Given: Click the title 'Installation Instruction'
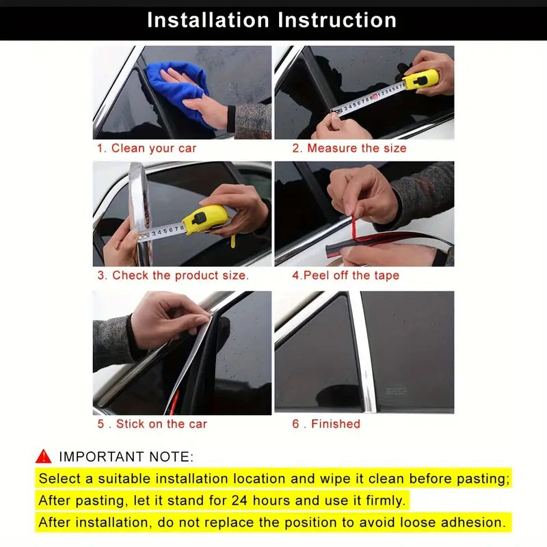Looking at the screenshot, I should (271, 20).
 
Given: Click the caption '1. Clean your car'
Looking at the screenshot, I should (146, 148).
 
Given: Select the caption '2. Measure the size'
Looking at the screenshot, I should (349, 148).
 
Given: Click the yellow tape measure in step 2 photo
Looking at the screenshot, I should (420, 81).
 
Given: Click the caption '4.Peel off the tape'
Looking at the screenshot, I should (345, 276).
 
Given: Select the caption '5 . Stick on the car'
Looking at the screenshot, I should (152, 424).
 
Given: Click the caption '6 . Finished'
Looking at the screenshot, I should (326, 424).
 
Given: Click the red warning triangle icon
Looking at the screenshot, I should (44, 456).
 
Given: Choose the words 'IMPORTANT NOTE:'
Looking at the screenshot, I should (126, 457).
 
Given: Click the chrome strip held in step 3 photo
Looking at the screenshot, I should (138, 212).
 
